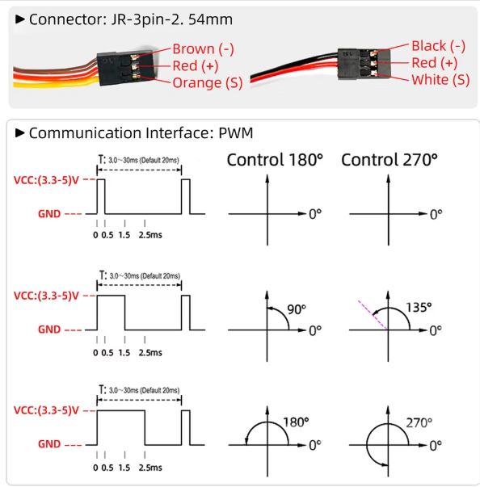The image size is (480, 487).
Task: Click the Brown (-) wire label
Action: pyautogui.click(x=203, y=49)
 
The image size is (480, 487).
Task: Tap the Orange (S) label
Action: pyautogui.click(x=207, y=83)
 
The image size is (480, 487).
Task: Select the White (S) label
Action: pyautogui.click(x=440, y=80)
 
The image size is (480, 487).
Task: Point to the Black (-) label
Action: pyautogui.click(x=438, y=46)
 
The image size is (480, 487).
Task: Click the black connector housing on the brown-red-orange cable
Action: pyautogui.click(x=125, y=68)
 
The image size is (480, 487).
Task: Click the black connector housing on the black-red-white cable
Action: pyautogui.click(x=364, y=64)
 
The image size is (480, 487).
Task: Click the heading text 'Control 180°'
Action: pyautogui.click(x=275, y=160)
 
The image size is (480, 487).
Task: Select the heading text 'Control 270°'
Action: pyautogui.click(x=389, y=160)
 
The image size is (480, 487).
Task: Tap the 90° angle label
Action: pyautogui.click(x=297, y=309)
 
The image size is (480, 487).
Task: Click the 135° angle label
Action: pyautogui.click(x=419, y=308)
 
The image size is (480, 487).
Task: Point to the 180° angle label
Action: pyautogui.click(x=296, y=422)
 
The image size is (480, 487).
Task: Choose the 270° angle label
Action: pyautogui.click(x=419, y=422)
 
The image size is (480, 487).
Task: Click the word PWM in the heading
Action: pyautogui.click(x=236, y=133)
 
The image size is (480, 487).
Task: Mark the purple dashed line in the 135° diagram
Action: pyautogui.click(x=373, y=315)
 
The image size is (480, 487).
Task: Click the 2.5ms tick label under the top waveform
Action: pyautogui.click(x=150, y=235)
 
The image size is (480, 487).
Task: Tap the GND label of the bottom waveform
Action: pyautogui.click(x=49, y=444)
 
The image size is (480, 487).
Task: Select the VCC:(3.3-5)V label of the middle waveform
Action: pyautogui.click(x=46, y=296)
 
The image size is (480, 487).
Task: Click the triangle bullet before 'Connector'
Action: pyautogui.click(x=20, y=19)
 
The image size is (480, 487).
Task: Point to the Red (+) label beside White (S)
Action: pyautogui.click(x=434, y=63)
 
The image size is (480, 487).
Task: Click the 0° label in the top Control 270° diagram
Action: pyautogui.click(x=436, y=214)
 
